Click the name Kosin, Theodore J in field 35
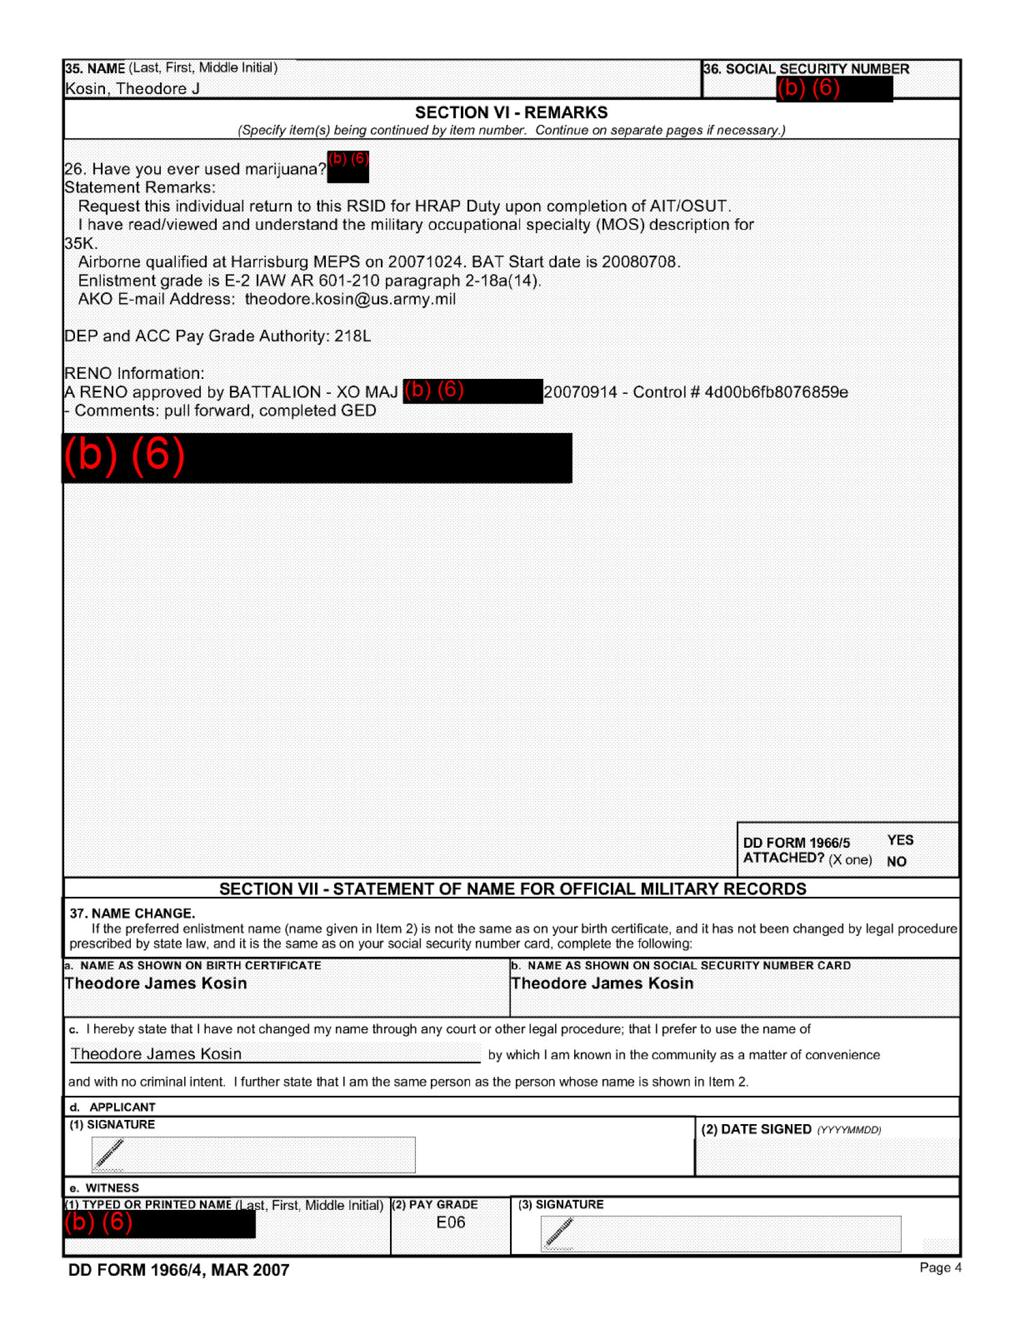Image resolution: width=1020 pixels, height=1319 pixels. (x=133, y=89)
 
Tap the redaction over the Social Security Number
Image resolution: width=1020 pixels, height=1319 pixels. (x=834, y=89)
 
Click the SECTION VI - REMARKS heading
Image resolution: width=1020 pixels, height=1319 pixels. (x=511, y=113)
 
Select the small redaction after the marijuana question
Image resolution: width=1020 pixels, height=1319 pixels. (x=348, y=167)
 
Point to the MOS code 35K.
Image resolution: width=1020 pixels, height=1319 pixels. (x=80, y=243)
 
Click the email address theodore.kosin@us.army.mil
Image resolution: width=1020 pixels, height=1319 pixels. (x=350, y=300)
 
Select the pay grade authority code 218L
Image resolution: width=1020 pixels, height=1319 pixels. (x=352, y=336)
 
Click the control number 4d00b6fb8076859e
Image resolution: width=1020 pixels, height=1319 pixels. (x=776, y=393)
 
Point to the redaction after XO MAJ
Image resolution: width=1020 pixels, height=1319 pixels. (x=473, y=392)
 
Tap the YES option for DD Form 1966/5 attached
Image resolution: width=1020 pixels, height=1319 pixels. (x=901, y=840)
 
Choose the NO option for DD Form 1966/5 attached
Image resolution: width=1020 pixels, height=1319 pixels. (x=897, y=862)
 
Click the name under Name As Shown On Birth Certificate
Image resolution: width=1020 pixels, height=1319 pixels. (x=156, y=984)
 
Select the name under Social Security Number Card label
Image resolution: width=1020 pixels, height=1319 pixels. (x=602, y=984)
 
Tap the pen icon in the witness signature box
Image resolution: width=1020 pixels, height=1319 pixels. (x=559, y=1232)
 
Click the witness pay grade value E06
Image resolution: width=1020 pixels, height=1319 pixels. (x=451, y=1223)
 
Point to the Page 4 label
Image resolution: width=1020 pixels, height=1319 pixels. (x=940, y=1267)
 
